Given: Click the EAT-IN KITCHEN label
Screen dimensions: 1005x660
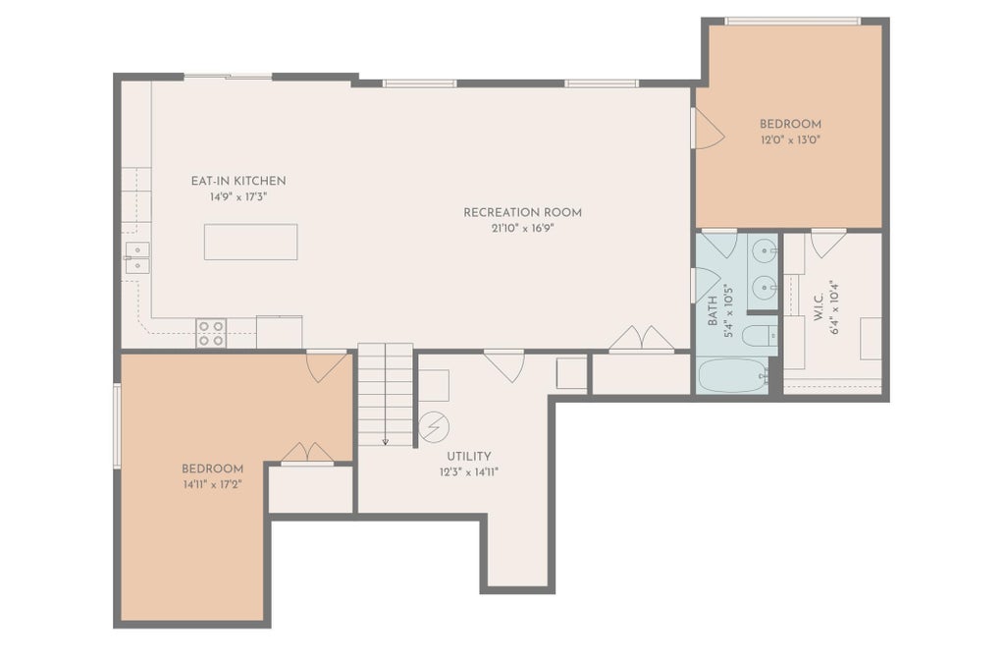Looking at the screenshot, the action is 238,181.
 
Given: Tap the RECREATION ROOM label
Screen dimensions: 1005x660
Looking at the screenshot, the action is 522,212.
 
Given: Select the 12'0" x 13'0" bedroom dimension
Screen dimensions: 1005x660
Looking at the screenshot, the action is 790,139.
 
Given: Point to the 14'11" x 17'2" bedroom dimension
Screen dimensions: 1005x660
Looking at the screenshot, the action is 212,485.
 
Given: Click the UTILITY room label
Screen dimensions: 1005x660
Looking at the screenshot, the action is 468,457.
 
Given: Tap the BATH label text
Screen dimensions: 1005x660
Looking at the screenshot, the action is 713,310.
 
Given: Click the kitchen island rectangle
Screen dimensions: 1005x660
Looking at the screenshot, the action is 250,242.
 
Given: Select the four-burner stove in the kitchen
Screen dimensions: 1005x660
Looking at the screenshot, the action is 211,333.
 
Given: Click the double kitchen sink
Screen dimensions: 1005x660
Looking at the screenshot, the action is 137,257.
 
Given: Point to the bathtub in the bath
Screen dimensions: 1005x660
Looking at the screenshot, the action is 732,376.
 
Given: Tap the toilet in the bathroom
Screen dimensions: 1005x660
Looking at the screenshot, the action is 760,335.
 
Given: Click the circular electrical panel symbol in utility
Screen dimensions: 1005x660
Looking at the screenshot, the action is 434,427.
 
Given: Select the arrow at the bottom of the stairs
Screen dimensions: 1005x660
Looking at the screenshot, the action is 385,440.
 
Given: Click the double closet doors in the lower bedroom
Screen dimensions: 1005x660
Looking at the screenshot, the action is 307,452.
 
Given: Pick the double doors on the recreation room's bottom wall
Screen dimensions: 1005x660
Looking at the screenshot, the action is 641,338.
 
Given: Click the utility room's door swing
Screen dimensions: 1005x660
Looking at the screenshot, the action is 504,366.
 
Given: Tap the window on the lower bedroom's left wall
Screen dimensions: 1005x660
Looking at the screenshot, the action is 118,425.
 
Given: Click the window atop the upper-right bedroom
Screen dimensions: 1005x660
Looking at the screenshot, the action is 792,22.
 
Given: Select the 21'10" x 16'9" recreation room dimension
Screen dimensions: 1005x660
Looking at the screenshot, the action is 522,228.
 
